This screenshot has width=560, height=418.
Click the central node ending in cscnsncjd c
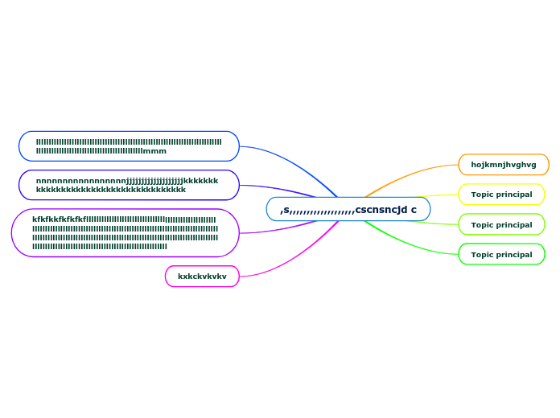pos(348,209)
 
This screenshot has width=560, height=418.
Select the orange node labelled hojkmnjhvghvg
pos(503,165)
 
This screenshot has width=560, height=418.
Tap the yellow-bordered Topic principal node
pos(501,195)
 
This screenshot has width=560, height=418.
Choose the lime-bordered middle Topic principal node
pos(501,225)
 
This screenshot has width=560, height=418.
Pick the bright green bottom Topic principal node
pos(501,255)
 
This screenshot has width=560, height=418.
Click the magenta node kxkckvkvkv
pos(202,277)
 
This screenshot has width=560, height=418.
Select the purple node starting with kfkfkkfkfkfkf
pos(126,233)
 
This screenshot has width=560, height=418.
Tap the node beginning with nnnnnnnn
pos(129,185)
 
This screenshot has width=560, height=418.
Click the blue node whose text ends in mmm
pos(129,146)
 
